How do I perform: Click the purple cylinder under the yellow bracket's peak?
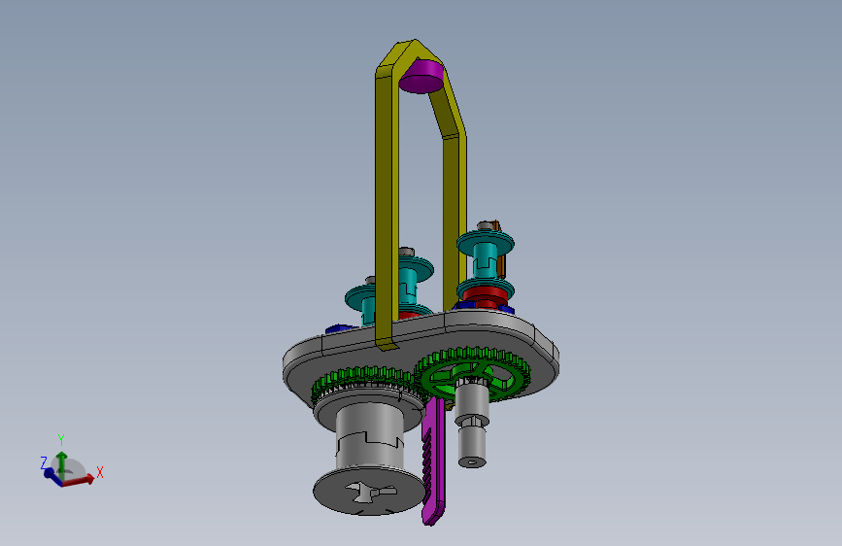click(x=421, y=78)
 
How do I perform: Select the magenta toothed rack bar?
click(x=434, y=462)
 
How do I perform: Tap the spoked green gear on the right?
click(x=473, y=374)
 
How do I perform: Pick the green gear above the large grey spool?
click(x=365, y=383)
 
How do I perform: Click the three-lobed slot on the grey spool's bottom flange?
click(x=371, y=492)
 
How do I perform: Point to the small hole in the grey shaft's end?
click(x=471, y=461)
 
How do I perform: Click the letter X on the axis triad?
click(x=99, y=473)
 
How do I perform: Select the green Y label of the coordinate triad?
click(x=61, y=440)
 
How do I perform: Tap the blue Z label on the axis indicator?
click(x=44, y=462)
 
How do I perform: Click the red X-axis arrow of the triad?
click(x=79, y=480)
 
